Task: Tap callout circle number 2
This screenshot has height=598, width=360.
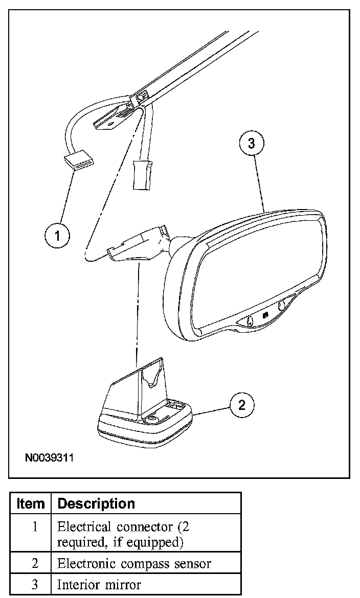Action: (241, 405)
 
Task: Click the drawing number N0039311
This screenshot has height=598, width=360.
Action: (49, 456)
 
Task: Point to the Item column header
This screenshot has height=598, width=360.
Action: (31, 503)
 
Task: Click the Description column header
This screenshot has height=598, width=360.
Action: (96, 503)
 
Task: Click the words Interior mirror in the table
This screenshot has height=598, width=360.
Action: (99, 585)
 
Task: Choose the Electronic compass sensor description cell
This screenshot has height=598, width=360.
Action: (134, 564)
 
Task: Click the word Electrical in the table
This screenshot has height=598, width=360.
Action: (84, 526)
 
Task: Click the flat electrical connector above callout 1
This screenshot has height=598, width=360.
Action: (79, 162)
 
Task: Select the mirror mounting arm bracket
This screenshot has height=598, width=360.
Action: (138, 245)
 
